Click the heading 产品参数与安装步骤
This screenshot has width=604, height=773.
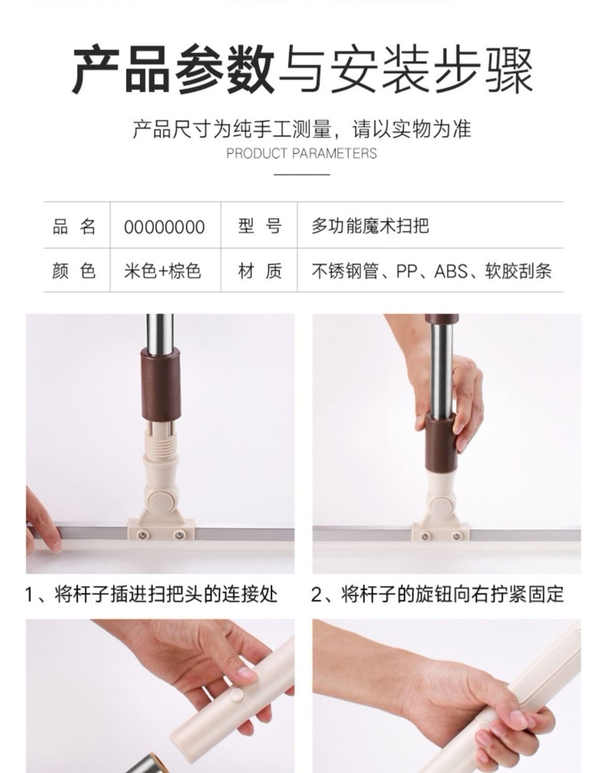(x=302, y=70)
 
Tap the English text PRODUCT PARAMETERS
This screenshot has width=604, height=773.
(x=301, y=154)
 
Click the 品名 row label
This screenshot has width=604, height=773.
(x=74, y=227)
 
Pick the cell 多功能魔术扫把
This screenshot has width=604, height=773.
(x=371, y=226)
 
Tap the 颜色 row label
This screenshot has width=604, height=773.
(x=74, y=271)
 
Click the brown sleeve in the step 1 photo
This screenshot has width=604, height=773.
(x=161, y=385)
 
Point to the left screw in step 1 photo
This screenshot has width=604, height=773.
(x=142, y=535)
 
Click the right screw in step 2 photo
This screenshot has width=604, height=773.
(x=457, y=536)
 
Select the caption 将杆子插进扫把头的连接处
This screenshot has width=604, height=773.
(x=166, y=594)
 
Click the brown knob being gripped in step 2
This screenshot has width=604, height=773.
(x=440, y=443)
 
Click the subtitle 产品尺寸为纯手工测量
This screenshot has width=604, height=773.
(x=232, y=129)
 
